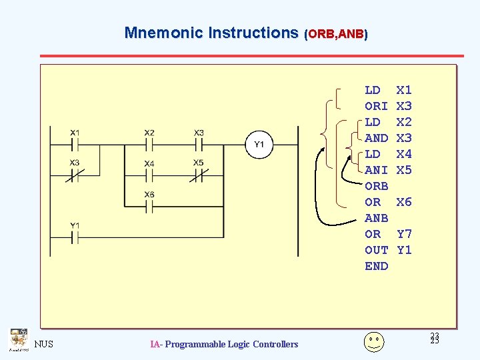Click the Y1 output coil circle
tap(259, 145)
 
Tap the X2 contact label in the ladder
tap(149, 133)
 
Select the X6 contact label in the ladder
tap(149, 194)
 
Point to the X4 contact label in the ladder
tap(149, 163)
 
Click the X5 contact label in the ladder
tap(199, 163)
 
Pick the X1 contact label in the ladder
tap(75, 133)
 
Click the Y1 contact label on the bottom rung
tap(75, 225)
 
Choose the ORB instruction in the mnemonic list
tap(376, 186)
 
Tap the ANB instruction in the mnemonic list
tap(376, 218)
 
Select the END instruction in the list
tap(376, 266)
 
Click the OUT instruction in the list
tap(376, 250)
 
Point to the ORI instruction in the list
tap(376, 106)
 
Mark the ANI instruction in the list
tap(376, 170)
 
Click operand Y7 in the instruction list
tap(404, 234)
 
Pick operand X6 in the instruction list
tap(404, 202)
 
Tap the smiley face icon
tap(374, 341)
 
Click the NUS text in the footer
tap(43, 344)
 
